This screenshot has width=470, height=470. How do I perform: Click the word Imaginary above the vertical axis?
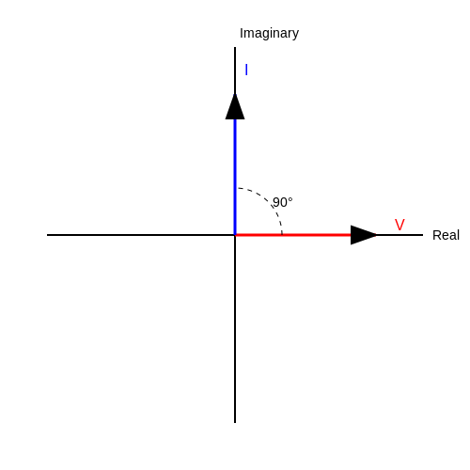[269, 34]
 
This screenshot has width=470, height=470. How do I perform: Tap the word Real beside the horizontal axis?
[446, 235]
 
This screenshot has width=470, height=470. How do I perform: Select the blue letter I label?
[246, 70]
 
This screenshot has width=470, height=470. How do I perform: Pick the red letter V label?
[399, 225]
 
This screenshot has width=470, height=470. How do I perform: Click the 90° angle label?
[283, 202]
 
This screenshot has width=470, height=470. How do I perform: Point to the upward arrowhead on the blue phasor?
[235, 106]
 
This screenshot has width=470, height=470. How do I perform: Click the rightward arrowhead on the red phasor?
[364, 235]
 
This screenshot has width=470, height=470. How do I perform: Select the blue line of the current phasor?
[235, 177]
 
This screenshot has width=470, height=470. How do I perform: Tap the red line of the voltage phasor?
[293, 235]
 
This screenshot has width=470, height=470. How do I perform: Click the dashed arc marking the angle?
[268, 202]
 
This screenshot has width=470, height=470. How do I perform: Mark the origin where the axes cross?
[235, 235]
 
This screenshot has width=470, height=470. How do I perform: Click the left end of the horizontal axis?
[47, 235]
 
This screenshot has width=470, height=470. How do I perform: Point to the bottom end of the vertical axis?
[235, 423]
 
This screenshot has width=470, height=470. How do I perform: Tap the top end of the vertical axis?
[235, 47]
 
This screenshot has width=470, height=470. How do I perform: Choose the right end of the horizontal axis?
[423, 235]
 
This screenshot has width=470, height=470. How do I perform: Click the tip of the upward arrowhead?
[235, 94]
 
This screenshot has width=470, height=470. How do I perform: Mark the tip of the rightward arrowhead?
[376, 235]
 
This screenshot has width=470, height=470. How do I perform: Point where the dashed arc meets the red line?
[282, 235]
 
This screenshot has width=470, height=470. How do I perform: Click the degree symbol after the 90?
[290, 199]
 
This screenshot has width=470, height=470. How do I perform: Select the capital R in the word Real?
[437, 235]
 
